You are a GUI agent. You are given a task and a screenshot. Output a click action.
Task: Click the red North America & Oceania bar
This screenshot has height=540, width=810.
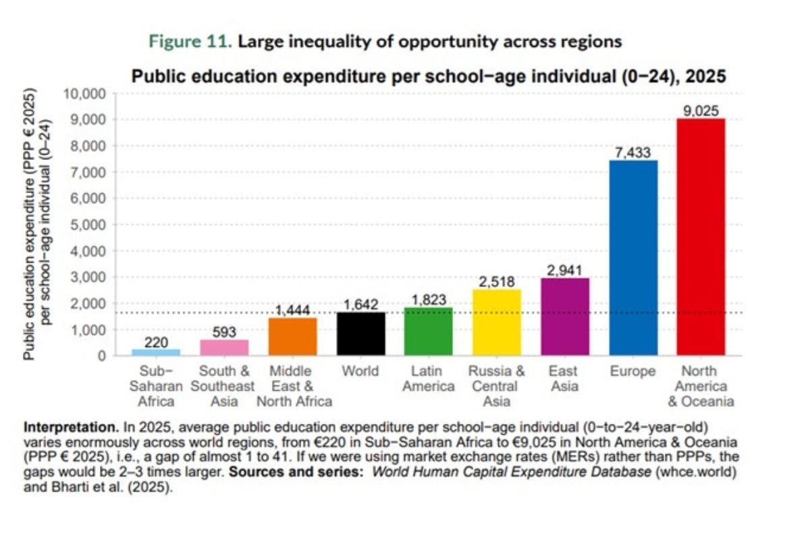pyautogui.click(x=701, y=236)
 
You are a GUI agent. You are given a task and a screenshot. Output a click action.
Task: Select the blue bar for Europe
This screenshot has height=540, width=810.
pyautogui.click(x=633, y=257)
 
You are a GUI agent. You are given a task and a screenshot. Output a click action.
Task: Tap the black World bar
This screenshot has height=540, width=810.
pyautogui.click(x=361, y=333)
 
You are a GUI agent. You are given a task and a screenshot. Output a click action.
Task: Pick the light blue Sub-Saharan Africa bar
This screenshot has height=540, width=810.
pyautogui.click(x=156, y=352)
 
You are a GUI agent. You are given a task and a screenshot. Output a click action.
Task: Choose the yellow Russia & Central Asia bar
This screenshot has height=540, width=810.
pyautogui.click(x=497, y=322)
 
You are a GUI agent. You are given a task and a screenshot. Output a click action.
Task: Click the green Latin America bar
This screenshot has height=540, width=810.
pyautogui.click(x=429, y=331)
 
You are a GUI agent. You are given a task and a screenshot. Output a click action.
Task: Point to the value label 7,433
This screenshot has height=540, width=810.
pyautogui.click(x=633, y=152)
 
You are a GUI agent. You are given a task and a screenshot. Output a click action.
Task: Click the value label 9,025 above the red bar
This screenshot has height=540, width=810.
pyautogui.click(x=701, y=111)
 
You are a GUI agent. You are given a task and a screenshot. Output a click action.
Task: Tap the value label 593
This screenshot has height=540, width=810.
pyautogui.click(x=224, y=332)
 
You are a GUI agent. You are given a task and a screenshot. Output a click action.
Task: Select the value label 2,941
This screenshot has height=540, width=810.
pyautogui.click(x=565, y=270)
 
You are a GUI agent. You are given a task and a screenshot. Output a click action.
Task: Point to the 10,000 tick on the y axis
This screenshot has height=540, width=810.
pyautogui.click(x=84, y=93)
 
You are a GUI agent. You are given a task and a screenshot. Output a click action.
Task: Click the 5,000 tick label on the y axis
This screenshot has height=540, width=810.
pyautogui.click(x=88, y=225)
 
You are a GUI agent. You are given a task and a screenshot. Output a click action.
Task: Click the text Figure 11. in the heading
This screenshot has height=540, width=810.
pyautogui.click(x=191, y=42)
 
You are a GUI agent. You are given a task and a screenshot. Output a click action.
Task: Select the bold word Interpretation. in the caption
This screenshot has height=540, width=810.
pyautogui.click(x=63, y=428)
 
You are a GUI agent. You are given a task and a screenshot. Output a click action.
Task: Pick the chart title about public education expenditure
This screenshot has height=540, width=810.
pyautogui.click(x=428, y=76)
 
